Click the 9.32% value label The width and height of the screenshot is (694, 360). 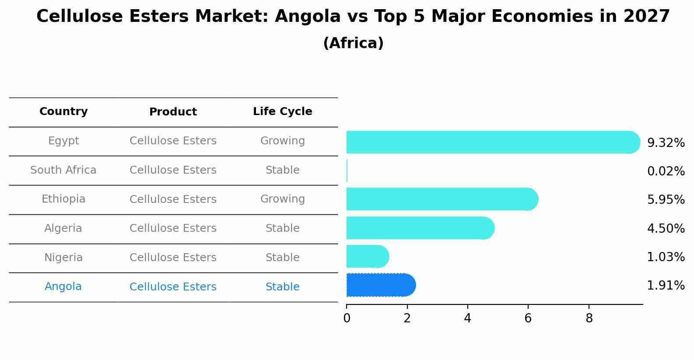[666, 143]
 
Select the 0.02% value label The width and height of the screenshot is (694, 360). [666, 171]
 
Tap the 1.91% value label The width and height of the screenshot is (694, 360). [666, 286]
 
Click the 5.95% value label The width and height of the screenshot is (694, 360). [666, 199]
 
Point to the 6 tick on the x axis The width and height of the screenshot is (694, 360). [528, 318]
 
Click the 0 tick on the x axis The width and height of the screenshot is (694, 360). [347, 318]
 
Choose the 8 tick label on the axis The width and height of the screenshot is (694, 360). [589, 318]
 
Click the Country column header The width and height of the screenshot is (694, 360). [63, 112]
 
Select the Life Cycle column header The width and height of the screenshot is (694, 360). [282, 112]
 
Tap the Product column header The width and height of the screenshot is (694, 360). [173, 112]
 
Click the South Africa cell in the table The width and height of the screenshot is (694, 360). [63, 170]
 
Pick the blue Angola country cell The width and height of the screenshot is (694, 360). [63, 287]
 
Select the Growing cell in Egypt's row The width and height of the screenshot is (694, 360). [282, 141]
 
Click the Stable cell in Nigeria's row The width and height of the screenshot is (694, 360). [282, 258]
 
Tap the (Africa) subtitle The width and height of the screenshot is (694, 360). [353, 43]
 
